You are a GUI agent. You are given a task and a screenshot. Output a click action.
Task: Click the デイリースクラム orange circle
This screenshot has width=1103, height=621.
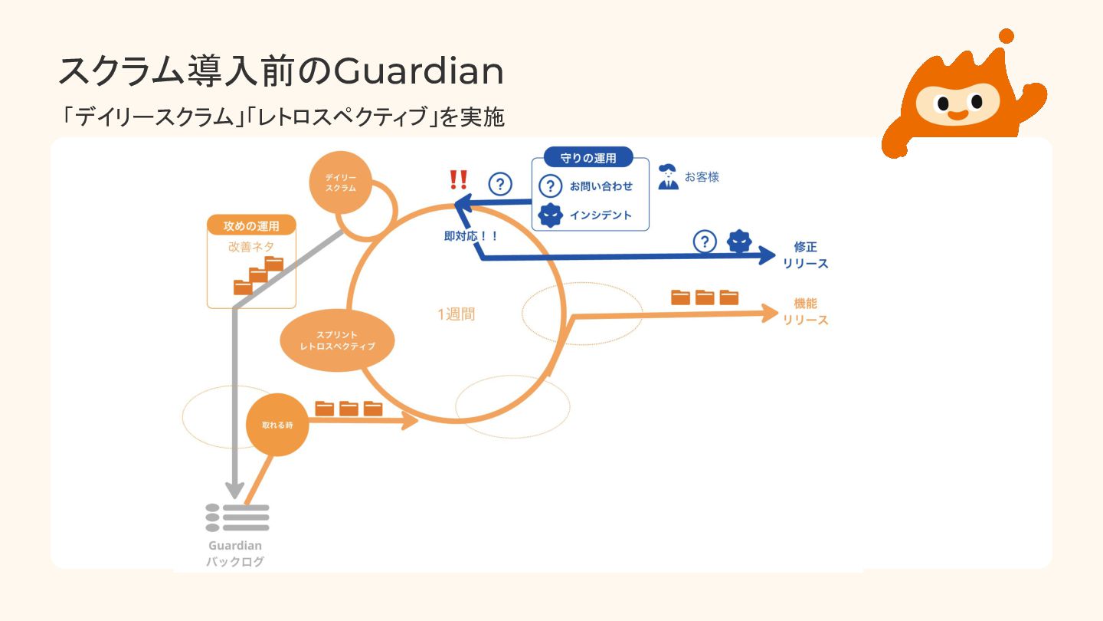341,182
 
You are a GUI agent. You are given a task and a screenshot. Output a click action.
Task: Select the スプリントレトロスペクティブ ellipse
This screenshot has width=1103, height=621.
338,340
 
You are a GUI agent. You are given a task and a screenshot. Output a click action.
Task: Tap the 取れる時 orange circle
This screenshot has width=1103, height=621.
277,425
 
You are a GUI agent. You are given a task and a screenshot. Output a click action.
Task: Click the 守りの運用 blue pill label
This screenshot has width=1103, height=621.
588,159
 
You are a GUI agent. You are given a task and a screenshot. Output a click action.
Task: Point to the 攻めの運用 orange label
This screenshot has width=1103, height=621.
250,226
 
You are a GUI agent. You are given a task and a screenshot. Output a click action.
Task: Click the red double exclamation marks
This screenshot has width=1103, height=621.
458,180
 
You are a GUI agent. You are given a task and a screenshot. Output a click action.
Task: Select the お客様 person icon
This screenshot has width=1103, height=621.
669,177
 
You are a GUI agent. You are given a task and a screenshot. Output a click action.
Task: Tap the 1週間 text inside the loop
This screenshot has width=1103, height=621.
456,314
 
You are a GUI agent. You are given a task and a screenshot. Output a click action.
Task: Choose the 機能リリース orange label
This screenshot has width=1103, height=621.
805,311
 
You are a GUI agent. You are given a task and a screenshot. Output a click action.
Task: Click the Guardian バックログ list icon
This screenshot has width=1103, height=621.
237,518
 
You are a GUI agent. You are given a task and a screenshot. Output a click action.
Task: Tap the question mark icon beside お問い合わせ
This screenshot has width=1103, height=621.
551,186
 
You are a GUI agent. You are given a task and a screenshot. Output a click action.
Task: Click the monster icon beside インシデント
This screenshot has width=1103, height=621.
551,216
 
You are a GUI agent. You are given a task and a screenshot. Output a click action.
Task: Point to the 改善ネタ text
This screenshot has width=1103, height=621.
251,247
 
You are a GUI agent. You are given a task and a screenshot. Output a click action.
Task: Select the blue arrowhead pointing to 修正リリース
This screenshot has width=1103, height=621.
766,256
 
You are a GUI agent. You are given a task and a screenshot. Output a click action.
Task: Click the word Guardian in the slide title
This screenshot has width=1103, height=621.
419,72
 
